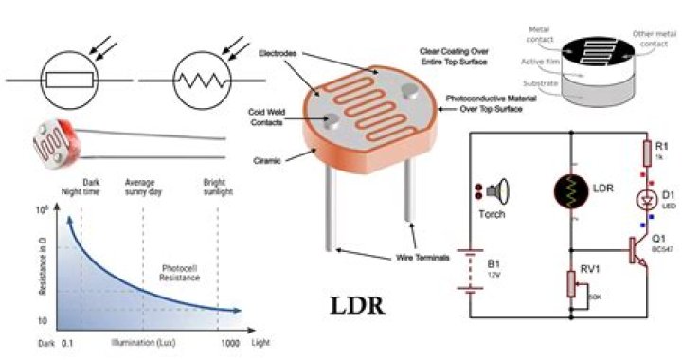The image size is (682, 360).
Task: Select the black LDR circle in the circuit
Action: tap(570, 190)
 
